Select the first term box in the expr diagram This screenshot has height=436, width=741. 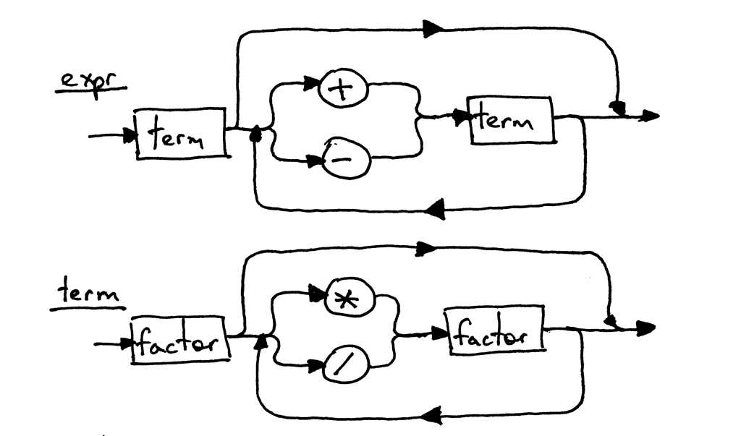tap(181, 132)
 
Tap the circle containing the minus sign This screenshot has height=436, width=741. tap(346, 159)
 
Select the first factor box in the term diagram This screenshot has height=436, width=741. tap(180, 340)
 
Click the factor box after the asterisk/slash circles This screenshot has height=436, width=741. tap(496, 334)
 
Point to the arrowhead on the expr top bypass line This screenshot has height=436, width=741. tap(433, 29)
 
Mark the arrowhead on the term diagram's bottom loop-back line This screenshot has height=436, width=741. tap(432, 416)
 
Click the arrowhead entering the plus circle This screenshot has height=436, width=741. tap(312, 85)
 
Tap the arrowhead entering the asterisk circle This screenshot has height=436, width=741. tap(317, 293)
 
